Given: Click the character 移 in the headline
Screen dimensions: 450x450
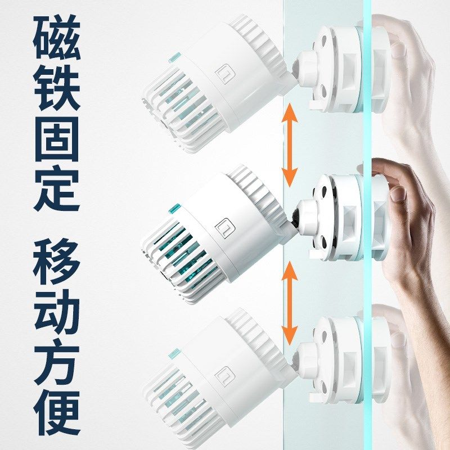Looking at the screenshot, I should (x=56, y=262).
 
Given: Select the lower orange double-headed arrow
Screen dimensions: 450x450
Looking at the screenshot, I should (x=290, y=304).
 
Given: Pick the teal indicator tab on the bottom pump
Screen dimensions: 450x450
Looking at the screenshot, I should (x=173, y=353).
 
